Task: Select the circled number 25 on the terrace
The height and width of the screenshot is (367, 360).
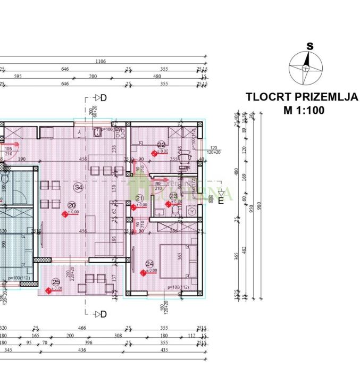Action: click(56, 282)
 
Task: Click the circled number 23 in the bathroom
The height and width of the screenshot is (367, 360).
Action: click(173, 195)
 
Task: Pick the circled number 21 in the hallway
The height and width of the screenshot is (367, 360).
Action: click(140, 198)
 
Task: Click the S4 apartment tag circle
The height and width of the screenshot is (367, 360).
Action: click(78, 187)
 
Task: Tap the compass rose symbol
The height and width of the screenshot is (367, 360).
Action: click(306, 68)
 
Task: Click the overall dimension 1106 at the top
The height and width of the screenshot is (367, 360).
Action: click(100, 62)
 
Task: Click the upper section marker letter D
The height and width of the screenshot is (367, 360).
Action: click(104, 98)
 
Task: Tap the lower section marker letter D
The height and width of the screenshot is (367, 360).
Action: click(104, 314)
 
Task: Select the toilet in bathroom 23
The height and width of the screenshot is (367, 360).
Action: click(175, 211)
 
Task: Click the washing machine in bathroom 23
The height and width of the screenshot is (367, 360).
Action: click(191, 211)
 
